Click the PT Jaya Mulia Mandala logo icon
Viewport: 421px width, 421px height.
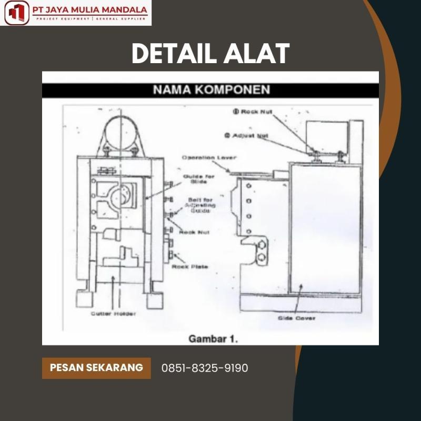coord(16,13)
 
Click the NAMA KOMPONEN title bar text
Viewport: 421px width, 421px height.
coord(211,89)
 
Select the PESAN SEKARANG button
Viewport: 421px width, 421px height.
coord(96,367)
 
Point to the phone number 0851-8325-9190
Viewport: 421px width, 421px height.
coord(205,368)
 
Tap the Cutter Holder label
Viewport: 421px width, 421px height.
coord(113,314)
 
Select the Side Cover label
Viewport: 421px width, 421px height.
coord(297,318)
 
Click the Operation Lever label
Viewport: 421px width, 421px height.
coord(209,157)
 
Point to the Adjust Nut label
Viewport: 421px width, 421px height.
coord(247,135)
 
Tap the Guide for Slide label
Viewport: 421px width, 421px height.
coord(198,179)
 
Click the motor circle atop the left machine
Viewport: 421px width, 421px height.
coord(121,131)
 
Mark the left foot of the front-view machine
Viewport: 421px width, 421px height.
coord(85,298)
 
